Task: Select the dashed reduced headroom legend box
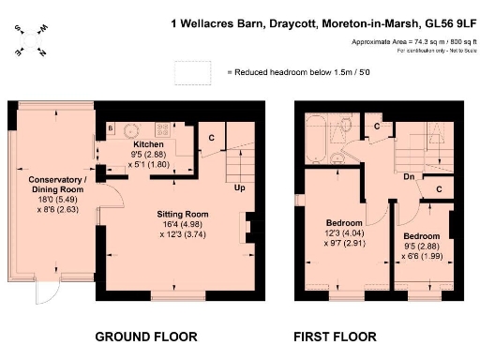point(195,71)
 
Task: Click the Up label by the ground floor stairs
point(240,188)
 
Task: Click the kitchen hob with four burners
point(164,128)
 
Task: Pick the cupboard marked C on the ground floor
point(213,138)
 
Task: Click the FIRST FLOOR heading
point(335,336)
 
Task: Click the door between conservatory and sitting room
point(107,195)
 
